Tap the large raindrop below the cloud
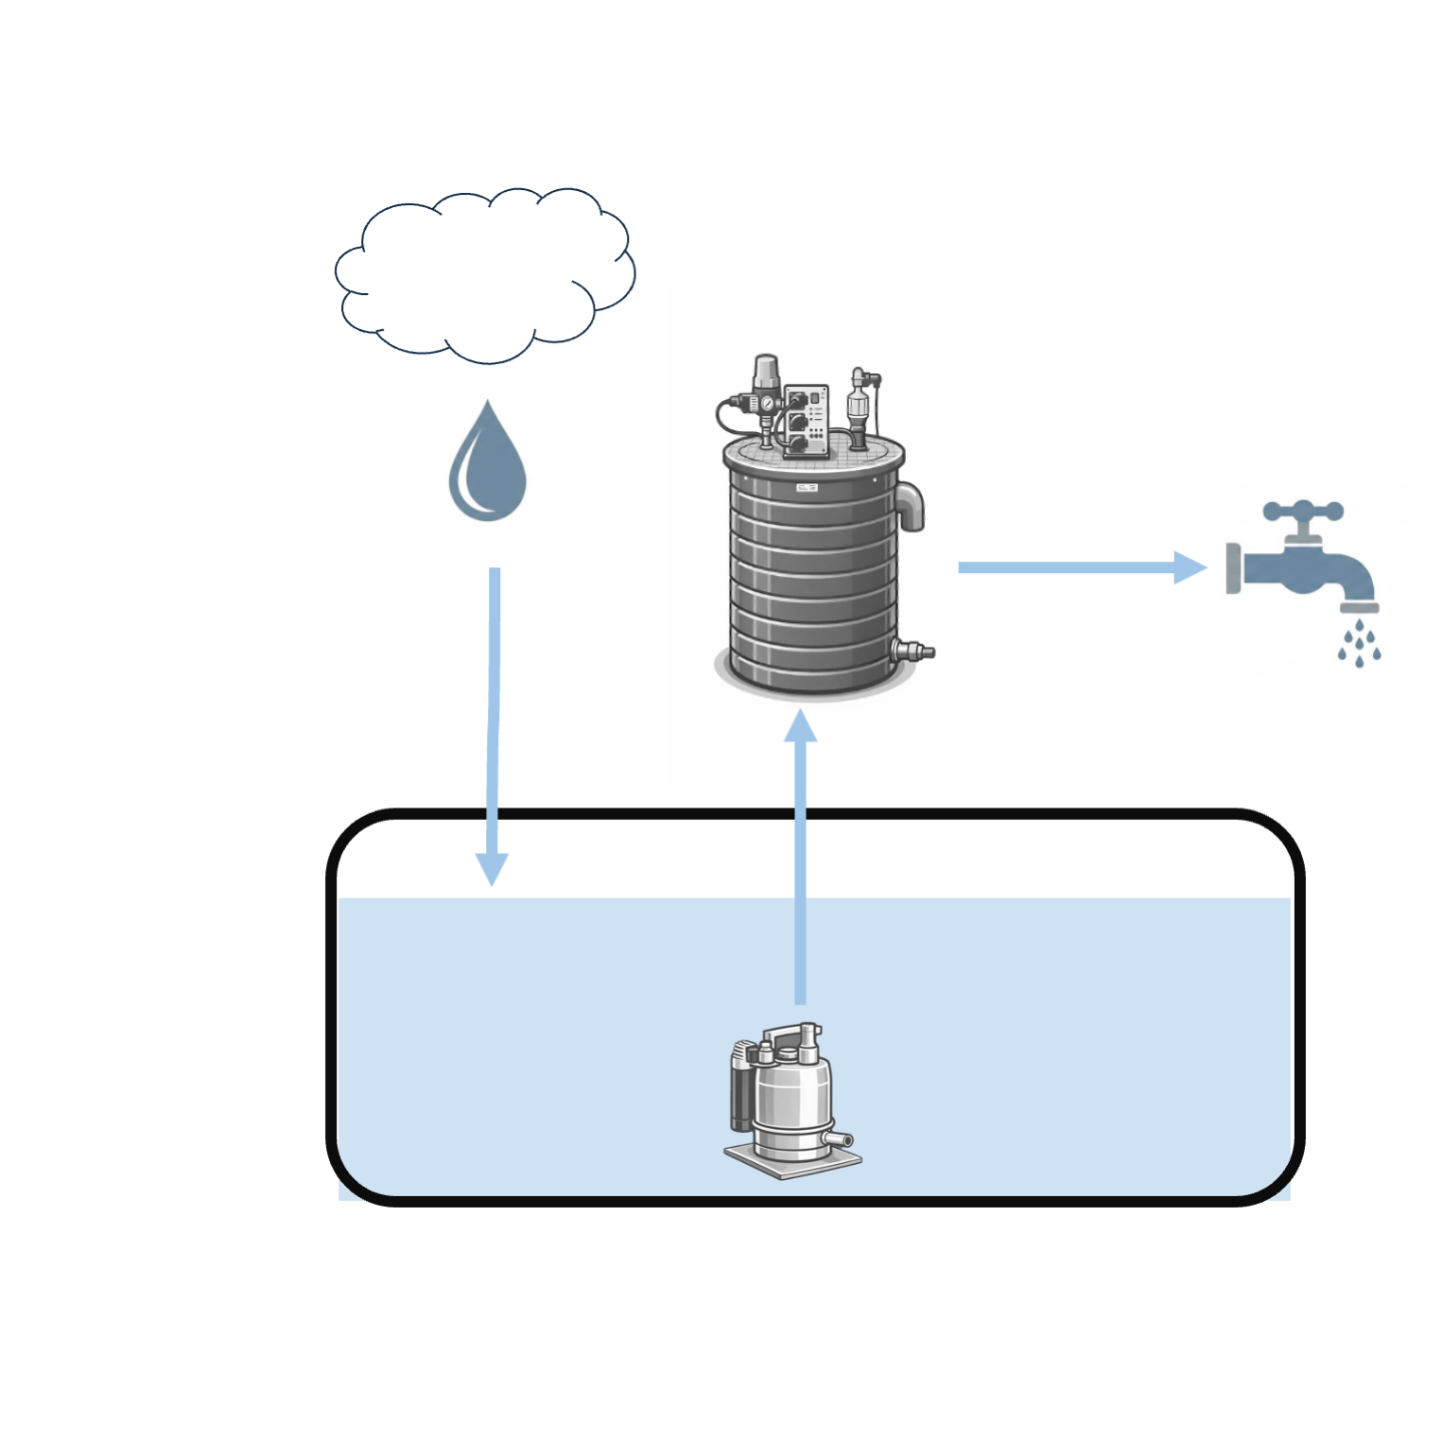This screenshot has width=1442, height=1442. click(x=487, y=468)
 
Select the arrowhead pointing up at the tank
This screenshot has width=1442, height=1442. click(x=801, y=726)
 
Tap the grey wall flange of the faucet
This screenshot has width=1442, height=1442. click(x=1233, y=568)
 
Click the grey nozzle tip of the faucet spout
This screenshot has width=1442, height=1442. click(x=1359, y=607)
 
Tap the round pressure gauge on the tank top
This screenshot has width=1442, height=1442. click(x=766, y=404)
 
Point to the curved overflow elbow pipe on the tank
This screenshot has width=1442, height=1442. click(x=910, y=505)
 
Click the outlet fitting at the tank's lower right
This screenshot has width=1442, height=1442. click(x=912, y=651)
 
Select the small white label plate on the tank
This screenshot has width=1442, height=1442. click(x=807, y=488)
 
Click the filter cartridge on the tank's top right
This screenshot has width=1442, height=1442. click(x=858, y=405)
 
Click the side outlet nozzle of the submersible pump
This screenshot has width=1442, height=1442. click(x=838, y=1140)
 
